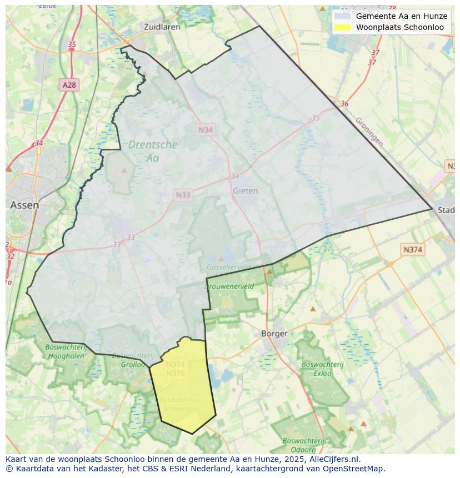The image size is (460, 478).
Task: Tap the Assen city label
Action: [x=24, y=205]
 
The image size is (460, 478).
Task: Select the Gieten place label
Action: [x=245, y=190]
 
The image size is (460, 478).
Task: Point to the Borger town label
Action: [x=274, y=334]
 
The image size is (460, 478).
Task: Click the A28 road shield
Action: [x=69, y=85]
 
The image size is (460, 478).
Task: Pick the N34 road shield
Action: [x=206, y=129]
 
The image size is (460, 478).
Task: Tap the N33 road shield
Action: [x=183, y=195]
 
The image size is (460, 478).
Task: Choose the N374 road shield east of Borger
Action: [x=412, y=250]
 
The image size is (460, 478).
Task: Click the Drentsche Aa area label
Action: [x=152, y=151]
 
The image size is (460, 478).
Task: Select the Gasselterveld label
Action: [x=228, y=267]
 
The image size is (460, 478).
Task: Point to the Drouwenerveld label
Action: [x=229, y=286]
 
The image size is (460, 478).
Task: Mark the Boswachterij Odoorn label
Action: [x=303, y=445]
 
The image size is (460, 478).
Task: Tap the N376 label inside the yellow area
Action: [x=175, y=374]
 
